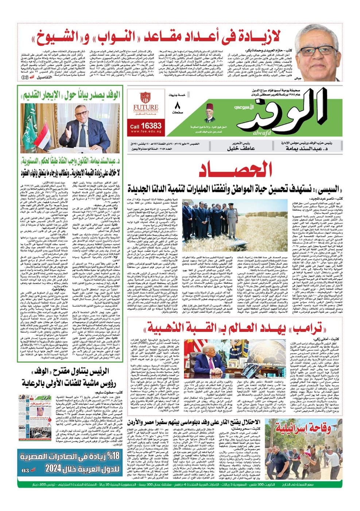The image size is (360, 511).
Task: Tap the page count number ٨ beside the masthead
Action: [178, 106]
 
